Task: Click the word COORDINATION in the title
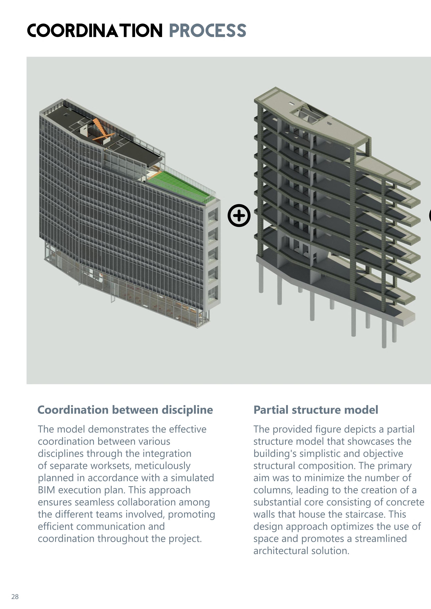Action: pos(95,31)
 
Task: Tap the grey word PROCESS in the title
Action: pos(208,31)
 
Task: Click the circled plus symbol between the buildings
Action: pos(239,215)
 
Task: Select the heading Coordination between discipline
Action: pos(125,410)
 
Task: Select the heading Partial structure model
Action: pos(315,410)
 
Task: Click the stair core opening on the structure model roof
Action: pos(308,114)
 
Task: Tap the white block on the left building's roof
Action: pos(84,131)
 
